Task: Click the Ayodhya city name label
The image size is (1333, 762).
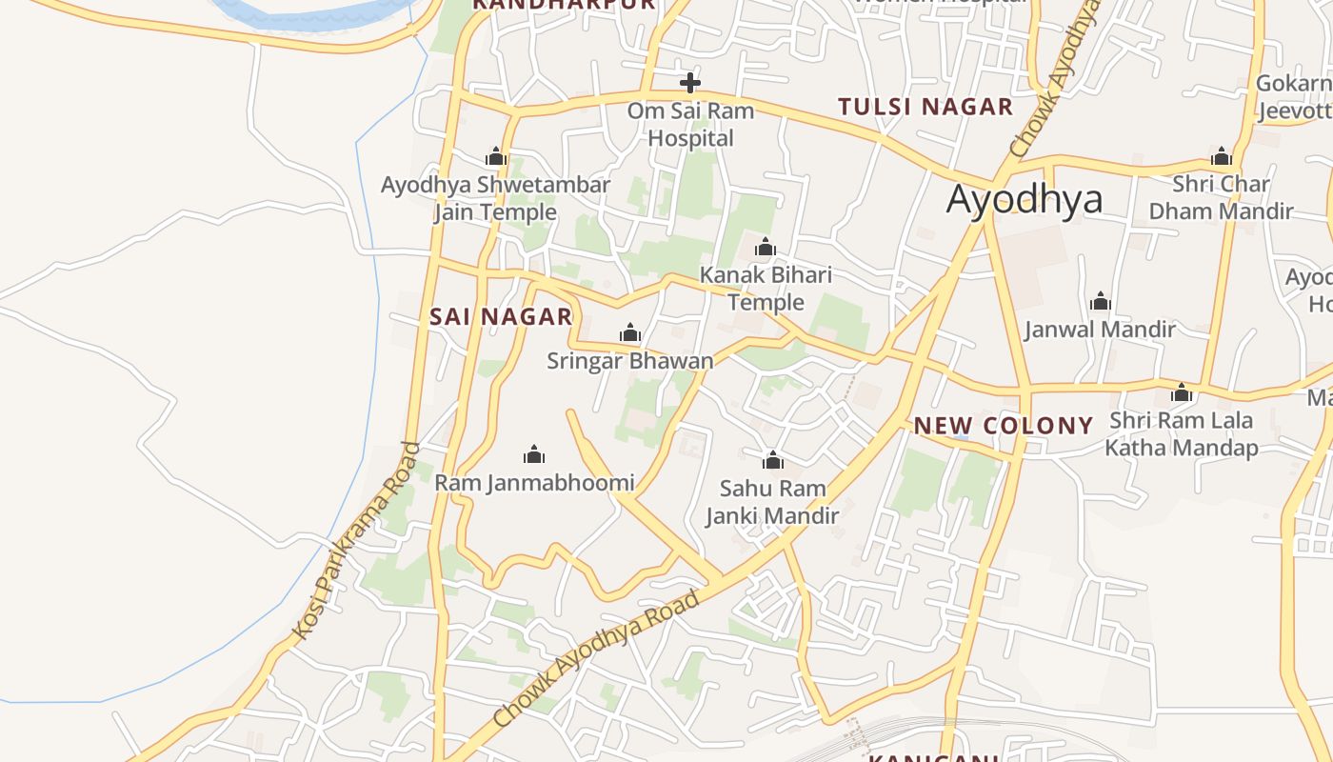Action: click(1025, 200)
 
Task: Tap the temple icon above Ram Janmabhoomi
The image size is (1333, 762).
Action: click(534, 454)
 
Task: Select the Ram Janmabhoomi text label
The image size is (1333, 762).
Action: click(534, 483)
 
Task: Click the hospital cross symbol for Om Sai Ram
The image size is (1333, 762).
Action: click(690, 83)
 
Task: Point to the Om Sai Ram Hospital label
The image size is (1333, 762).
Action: click(690, 125)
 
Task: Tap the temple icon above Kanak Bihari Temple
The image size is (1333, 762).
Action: click(766, 249)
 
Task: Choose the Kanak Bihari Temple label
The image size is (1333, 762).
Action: click(766, 289)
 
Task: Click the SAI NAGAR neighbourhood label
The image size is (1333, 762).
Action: click(501, 317)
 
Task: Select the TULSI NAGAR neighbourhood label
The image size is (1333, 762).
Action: click(925, 107)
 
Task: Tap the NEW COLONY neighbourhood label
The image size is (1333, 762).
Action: click(1004, 426)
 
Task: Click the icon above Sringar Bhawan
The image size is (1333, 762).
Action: click(630, 333)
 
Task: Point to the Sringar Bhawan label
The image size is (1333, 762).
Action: click(630, 361)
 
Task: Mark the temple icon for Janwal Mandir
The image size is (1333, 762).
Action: click(1101, 302)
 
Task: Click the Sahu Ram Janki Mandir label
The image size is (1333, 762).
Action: click(772, 502)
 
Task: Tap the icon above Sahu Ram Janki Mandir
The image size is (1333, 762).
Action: click(773, 461)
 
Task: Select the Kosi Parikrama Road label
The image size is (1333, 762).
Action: click(356, 540)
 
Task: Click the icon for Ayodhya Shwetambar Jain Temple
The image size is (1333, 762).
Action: click(495, 156)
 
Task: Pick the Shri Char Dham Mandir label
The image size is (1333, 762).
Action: click(1221, 197)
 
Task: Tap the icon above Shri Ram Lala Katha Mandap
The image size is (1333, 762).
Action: click(1182, 392)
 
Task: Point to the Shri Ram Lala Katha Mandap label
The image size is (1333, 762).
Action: click(1182, 433)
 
